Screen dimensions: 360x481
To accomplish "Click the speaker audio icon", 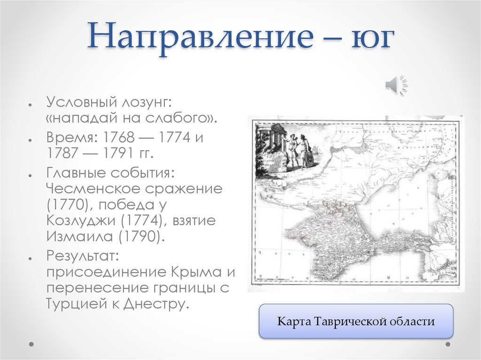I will [396, 85].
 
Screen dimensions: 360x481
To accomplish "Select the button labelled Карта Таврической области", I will [356, 322].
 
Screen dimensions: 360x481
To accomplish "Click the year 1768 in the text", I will [120, 138].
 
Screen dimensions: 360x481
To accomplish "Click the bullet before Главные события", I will [30, 175].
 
